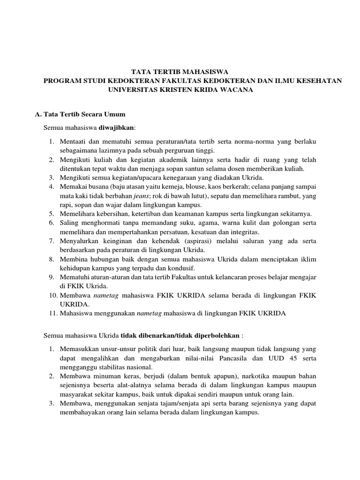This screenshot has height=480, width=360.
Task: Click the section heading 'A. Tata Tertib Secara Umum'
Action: click(x=81, y=114)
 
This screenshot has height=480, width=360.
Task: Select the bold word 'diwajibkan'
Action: click(x=116, y=127)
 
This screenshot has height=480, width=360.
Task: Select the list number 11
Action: click(x=52, y=313)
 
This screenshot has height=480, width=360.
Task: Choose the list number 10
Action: click(x=52, y=295)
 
